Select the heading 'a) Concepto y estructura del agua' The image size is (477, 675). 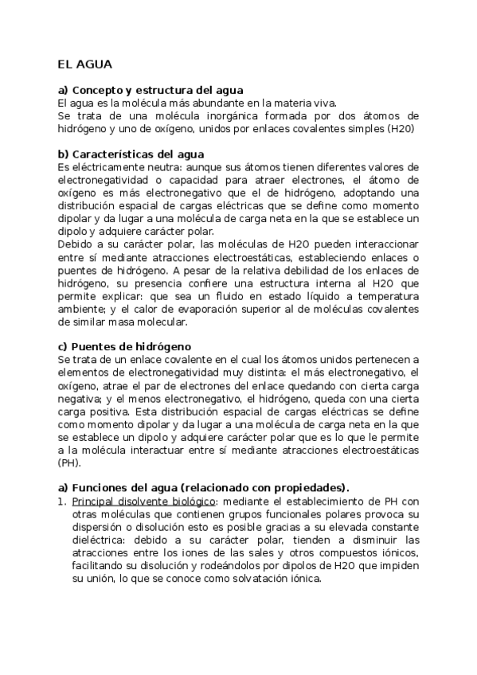coord(151,90)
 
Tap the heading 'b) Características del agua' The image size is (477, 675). coord(131,154)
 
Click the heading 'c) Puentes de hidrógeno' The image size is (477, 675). coord(124,346)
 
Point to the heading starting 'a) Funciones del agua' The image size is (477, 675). coord(204,487)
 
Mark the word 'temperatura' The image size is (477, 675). coord(386,295)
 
